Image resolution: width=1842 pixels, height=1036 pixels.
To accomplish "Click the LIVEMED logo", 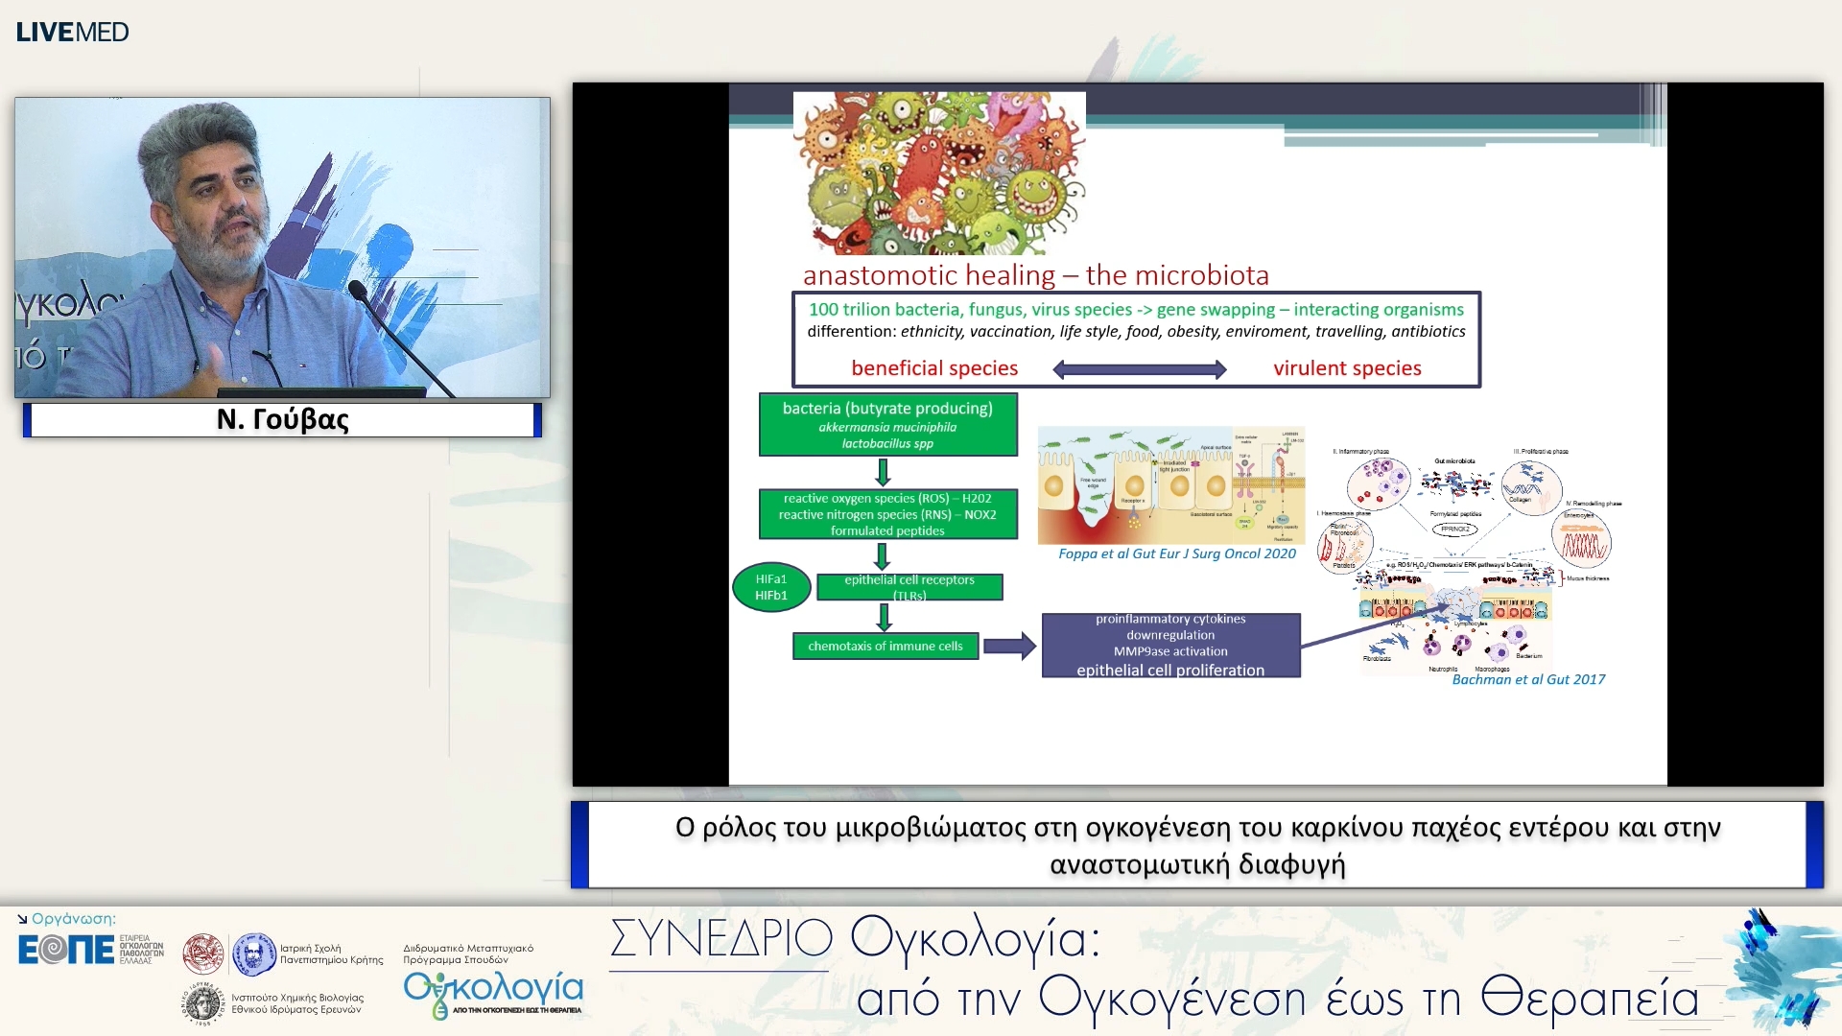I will pos(72,32).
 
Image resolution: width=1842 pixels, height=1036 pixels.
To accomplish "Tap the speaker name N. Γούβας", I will pos(282,419).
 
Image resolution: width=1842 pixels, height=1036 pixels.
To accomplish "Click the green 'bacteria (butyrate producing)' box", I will pos(887,424).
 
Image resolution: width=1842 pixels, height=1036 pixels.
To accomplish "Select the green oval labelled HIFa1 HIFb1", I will pos(771,587).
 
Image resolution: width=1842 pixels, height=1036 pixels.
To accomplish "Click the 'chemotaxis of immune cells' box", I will pos(885,646).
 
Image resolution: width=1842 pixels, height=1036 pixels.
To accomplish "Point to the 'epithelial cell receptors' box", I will pos(909,586).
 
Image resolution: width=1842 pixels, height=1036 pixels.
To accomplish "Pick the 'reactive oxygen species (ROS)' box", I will pos(887,514).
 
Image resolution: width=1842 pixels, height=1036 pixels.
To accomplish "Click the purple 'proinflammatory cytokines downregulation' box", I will pos(1170,645).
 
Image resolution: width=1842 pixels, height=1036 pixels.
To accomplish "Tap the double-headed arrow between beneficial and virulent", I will pos(1139,369).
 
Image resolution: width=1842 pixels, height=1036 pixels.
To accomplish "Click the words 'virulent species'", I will pos(1346,368).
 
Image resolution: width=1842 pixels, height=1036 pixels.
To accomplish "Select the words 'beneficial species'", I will pos(933,368).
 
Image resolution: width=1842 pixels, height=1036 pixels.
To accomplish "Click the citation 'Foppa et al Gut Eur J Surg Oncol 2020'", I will pos(1176,553).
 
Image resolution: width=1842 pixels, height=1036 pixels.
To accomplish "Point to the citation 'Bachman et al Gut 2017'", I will pos(1527,679).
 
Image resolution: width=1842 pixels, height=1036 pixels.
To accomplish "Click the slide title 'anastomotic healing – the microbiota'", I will pos(1035,275).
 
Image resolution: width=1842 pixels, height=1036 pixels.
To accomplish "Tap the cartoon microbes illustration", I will pos(938,173).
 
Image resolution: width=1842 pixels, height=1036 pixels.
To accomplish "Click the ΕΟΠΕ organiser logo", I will pos(65,950).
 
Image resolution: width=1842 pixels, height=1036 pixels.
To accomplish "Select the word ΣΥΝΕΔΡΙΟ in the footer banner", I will pos(720,938).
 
